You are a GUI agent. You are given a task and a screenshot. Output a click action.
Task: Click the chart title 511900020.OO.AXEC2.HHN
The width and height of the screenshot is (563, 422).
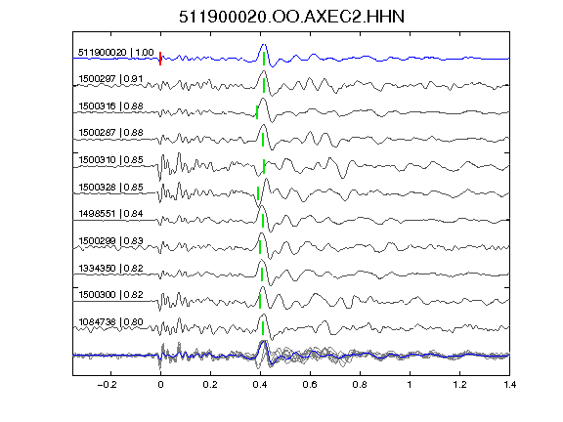(291, 17)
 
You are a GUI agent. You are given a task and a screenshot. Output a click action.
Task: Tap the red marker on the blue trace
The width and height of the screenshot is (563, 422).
(160, 59)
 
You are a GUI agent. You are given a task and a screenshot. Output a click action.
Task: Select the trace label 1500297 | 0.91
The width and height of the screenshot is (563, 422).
(110, 78)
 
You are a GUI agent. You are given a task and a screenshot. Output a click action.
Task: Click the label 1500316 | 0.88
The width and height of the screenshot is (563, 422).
(110, 106)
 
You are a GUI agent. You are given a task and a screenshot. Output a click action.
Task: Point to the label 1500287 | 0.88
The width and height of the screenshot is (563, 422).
(110, 133)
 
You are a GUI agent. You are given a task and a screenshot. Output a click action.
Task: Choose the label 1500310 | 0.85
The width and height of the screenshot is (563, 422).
(110, 159)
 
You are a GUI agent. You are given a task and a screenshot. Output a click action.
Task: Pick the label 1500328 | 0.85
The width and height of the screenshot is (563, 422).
(110, 188)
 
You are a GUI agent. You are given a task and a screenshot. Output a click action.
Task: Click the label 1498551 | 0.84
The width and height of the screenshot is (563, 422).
(110, 214)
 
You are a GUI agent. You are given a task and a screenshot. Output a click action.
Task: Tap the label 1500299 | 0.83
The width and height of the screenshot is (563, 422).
(110, 240)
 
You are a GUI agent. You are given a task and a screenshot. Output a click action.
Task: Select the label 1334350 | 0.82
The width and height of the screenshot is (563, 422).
(110, 269)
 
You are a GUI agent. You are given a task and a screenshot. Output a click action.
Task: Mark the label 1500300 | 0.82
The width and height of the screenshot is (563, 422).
(110, 295)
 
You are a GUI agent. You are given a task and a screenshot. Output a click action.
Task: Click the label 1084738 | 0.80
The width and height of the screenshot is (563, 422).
(110, 322)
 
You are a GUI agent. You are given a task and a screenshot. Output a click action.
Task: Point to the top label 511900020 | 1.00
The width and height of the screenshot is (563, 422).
(115, 53)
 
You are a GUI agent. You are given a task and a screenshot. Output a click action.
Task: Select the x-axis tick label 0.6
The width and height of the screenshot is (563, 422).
(310, 385)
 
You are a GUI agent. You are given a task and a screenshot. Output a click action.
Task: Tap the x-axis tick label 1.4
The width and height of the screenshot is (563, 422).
(509, 385)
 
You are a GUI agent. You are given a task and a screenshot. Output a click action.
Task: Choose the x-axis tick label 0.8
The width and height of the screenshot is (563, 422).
(360, 385)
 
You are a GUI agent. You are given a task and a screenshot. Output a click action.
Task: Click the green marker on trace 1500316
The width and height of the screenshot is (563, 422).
(257, 112)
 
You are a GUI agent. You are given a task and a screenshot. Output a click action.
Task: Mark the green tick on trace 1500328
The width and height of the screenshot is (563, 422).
(258, 193)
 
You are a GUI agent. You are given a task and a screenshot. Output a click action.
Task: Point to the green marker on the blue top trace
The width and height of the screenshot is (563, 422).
(264, 59)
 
